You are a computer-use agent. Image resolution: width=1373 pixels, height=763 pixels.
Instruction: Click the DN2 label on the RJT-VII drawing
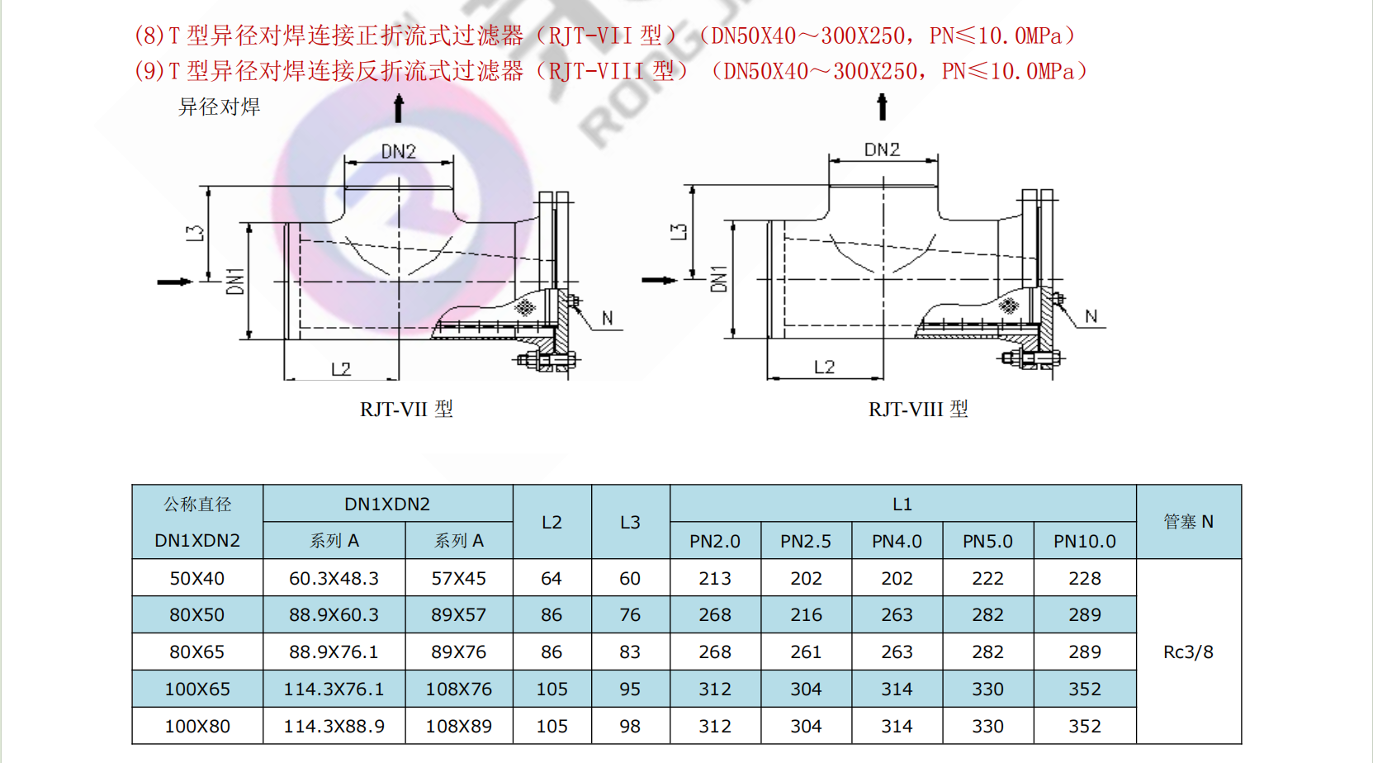tap(399, 151)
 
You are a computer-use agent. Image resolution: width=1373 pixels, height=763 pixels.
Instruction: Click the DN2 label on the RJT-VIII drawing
tap(882, 149)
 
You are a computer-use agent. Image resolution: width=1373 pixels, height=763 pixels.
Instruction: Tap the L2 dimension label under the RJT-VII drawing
tap(341, 370)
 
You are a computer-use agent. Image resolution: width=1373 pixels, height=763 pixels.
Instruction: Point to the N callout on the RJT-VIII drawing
tap(1091, 316)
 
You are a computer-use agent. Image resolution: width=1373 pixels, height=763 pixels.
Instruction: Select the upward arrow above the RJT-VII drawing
tap(399, 108)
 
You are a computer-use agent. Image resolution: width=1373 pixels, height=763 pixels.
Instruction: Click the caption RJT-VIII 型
tap(917, 409)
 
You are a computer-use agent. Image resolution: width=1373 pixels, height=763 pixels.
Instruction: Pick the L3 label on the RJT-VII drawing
tap(195, 234)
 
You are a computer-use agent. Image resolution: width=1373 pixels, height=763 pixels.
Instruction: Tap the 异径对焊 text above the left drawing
tap(219, 107)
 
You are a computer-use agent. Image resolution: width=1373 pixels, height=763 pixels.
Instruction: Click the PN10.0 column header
tap(1084, 541)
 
